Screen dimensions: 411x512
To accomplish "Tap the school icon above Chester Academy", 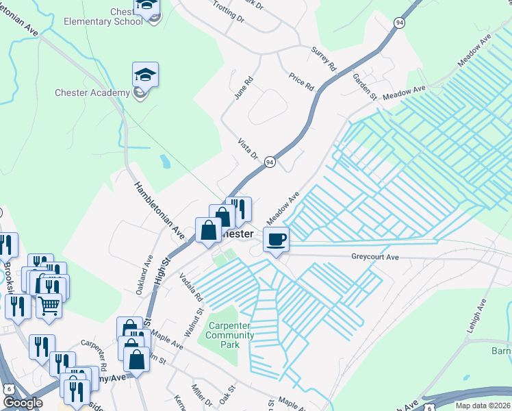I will (145, 74).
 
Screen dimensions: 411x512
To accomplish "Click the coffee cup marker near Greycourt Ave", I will (275, 240).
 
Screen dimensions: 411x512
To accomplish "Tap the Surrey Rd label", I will (324, 60).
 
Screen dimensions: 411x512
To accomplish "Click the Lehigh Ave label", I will (477, 316).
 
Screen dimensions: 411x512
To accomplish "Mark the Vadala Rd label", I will (189, 287).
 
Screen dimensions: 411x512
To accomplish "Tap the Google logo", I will (23, 403).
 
